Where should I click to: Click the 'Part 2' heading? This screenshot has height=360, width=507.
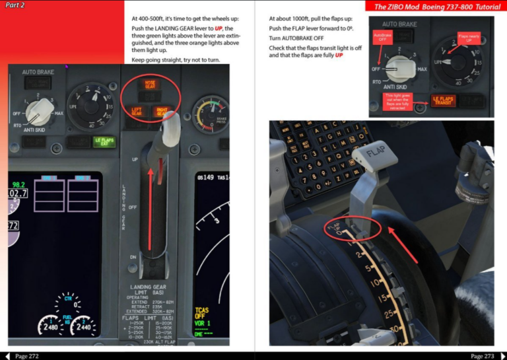tap(15, 5)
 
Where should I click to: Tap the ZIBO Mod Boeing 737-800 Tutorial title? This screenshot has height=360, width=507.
tap(437, 7)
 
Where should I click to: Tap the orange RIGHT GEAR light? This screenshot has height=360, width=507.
tap(162, 112)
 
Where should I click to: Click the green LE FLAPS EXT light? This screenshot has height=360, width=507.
tap(104, 141)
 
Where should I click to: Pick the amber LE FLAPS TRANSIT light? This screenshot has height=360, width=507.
tap(443, 100)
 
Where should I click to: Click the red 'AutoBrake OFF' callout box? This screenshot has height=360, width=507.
tap(382, 37)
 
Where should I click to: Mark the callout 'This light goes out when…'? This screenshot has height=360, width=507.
tap(398, 101)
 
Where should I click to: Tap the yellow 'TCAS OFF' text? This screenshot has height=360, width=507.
tap(202, 313)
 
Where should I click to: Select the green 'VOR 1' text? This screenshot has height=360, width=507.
tap(203, 324)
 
